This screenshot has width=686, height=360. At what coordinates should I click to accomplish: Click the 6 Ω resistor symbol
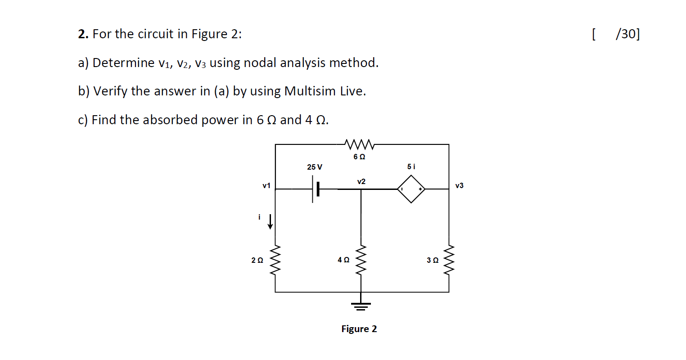[359, 144]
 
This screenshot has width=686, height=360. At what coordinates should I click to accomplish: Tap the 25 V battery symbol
[316, 189]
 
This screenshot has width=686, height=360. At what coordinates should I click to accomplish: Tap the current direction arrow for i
[270, 221]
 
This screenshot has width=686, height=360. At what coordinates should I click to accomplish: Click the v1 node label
[266, 185]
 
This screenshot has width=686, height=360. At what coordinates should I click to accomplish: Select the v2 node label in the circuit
[361, 181]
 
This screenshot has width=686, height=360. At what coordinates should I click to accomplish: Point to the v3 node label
[459, 185]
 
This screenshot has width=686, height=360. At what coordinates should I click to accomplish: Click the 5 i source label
[411, 166]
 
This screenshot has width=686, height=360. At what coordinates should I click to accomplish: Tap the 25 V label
[315, 167]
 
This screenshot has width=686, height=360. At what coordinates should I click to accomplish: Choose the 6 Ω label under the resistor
[359, 157]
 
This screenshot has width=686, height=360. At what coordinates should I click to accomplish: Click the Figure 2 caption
[359, 329]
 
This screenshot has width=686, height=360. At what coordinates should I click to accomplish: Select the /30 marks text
[627, 34]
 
